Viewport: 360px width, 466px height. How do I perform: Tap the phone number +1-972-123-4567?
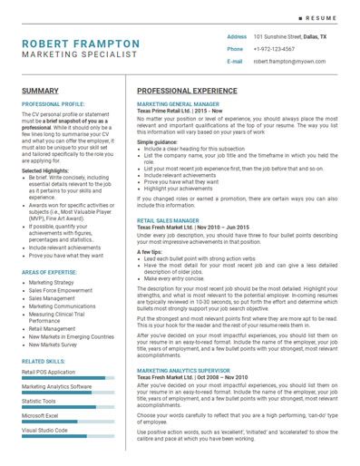point(274,49)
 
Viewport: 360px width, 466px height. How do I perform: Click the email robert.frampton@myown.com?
point(287,62)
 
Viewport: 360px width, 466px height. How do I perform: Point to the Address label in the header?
point(237,36)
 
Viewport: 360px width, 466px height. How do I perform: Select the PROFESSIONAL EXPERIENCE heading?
point(194,92)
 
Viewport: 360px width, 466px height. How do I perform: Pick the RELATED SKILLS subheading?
point(43,361)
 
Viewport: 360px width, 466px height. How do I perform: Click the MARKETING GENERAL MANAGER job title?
point(178,104)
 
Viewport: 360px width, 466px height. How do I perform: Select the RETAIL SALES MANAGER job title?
point(168,220)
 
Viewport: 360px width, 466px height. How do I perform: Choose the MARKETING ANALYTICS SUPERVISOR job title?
point(183,371)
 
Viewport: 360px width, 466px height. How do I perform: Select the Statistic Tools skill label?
point(39,401)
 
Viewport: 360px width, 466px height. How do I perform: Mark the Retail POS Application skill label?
point(49,372)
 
